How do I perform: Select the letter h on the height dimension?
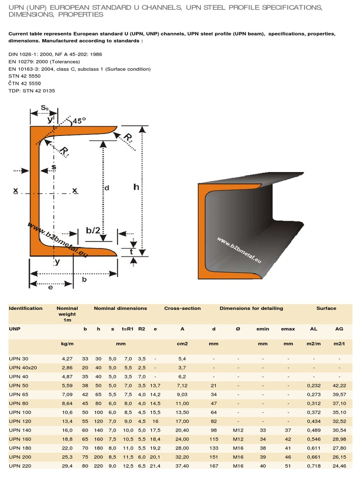click(x=136, y=187)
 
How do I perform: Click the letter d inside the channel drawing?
click(x=106, y=188)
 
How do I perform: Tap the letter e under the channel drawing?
click(x=51, y=288)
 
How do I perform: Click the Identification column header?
click(x=26, y=308)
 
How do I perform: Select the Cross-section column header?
click(x=182, y=308)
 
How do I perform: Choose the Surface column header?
click(x=326, y=308)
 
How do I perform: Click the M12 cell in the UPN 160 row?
click(x=238, y=439)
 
